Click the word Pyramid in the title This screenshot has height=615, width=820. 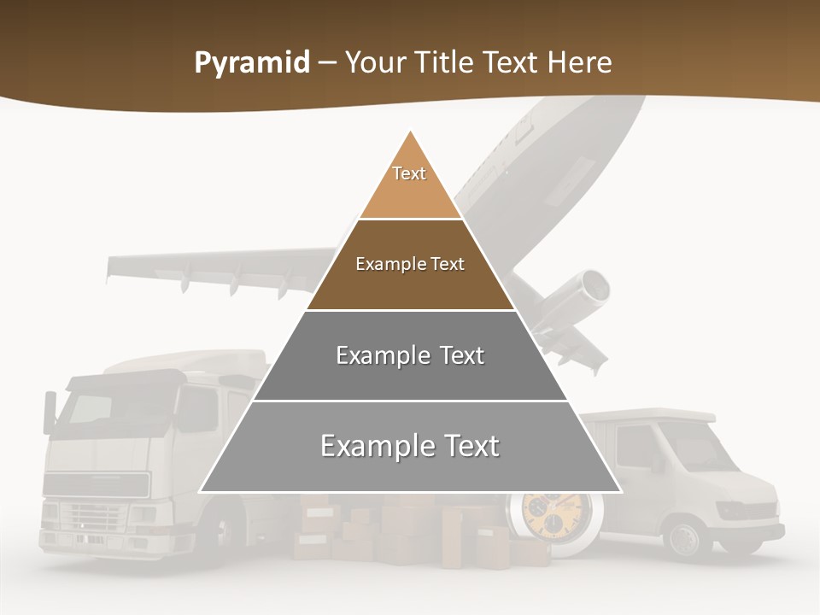252,63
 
